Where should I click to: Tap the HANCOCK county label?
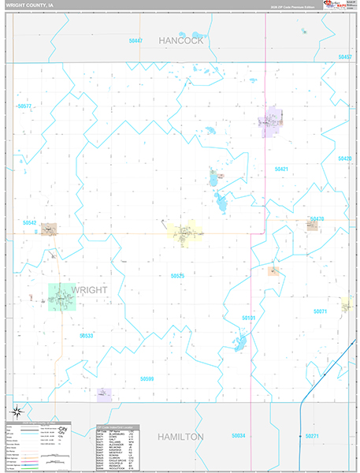pos(180,40)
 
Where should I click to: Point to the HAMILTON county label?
pos(180,436)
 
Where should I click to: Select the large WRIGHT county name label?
pos(89,290)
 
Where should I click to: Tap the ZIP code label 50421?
pos(281,169)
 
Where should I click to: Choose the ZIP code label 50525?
pos(177,276)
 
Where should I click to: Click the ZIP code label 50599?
pos(147,379)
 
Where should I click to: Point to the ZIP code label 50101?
pos(249,318)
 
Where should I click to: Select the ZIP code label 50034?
pos(239,435)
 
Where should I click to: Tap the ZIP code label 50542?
pos(30,223)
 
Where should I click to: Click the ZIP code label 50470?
pos(317,218)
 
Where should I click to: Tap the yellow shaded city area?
pos(183,233)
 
